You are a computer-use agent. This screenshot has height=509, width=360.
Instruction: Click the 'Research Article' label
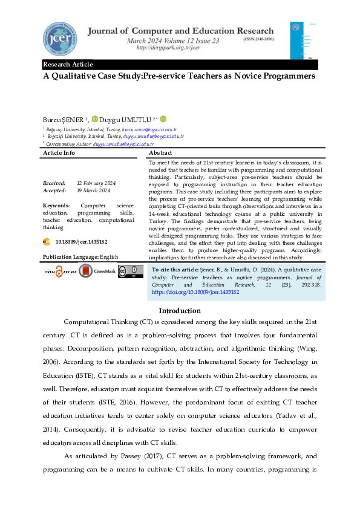[67, 65]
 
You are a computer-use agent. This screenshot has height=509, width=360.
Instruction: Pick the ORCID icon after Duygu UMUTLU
[163, 119]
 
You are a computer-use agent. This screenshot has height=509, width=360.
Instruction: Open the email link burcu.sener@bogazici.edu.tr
[149, 129]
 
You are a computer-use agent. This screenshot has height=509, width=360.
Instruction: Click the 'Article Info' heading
[59, 153]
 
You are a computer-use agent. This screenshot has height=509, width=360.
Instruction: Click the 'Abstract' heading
[162, 153]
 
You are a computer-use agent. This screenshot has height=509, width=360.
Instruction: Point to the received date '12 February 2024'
[97, 183]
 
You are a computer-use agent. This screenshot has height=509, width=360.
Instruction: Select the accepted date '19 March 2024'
[93, 190]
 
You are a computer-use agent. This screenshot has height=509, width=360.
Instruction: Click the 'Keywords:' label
[56, 206]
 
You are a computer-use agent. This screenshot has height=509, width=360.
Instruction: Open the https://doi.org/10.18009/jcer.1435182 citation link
[195, 291]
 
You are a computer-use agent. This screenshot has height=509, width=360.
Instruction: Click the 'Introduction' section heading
[180, 311]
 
